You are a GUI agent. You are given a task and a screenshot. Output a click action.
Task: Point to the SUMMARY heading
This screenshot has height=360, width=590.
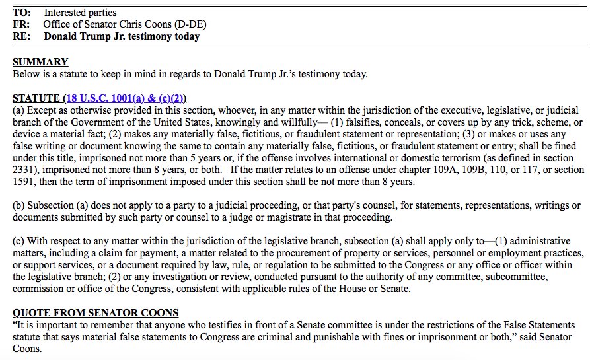click(40, 62)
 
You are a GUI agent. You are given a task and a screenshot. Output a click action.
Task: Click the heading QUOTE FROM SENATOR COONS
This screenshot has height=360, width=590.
click(95, 312)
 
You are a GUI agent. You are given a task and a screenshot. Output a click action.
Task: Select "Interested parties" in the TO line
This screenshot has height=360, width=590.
click(80, 13)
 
